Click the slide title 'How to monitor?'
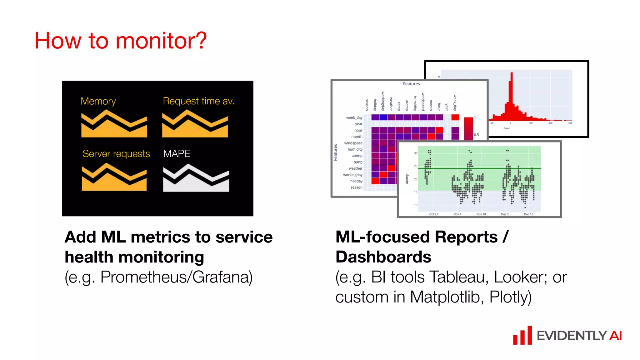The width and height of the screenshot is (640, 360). pyautogui.click(x=120, y=41)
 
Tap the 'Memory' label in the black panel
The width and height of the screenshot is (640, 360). pyautogui.click(x=98, y=101)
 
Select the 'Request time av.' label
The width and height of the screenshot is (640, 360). pyautogui.click(x=198, y=101)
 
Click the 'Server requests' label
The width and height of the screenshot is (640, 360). pyautogui.click(x=116, y=154)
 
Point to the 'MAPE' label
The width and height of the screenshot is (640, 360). pyautogui.click(x=177, y=154)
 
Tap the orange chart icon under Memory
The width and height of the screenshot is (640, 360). pyautogui.click(x=114, y=125)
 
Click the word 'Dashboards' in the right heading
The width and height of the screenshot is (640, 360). pyautogui.click(x=383, y=257)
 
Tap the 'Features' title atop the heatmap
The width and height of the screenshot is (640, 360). pyautogui.click(x=411, y=84)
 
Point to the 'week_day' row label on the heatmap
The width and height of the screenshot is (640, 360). pyautogui.click(x=354, y=117)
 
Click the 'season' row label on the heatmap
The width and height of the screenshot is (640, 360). pyautogui.click(x=356, y=187)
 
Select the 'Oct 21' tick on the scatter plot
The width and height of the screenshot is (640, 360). pyautogui.click(x=433, y=214)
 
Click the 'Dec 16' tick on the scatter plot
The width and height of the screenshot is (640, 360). pyautogui.click(x=528, y=214)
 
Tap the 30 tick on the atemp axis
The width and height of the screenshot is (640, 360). pyautogui.click(x=416, y=153)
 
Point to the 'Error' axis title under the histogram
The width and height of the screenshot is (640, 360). pyautogui.click(x=507, y=128)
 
